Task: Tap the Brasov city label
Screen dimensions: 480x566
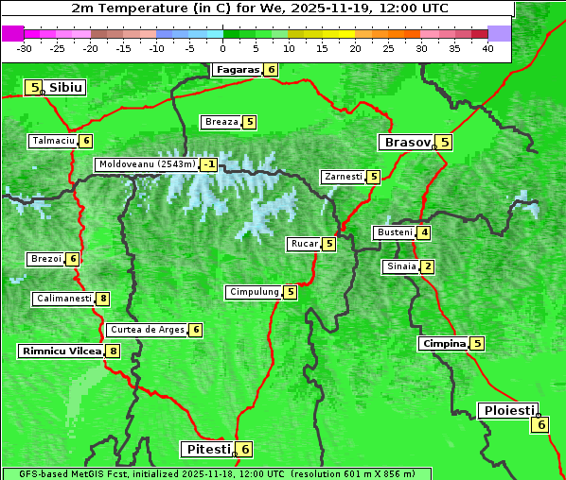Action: pos(406,143)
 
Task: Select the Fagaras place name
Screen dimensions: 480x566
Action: pos(237,70)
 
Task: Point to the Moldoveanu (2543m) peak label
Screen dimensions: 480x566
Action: pos(147,164)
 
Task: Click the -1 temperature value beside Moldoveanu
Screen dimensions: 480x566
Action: pos(208,164)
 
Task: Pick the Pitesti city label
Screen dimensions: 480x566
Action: pos(205,449)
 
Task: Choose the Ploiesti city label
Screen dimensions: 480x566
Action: pos(508,410)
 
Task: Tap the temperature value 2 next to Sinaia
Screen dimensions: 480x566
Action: pos(428,266)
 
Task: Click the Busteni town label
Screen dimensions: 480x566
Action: pos(394,232)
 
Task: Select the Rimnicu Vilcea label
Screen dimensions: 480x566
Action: pos(61,351)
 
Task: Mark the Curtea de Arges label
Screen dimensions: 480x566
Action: pos(147,330)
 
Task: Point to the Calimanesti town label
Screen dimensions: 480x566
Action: pos(63,299)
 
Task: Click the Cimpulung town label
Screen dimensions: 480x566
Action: pos(254,292)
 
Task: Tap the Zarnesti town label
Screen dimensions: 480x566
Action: pos(343,177)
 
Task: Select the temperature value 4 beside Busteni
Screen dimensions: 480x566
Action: pos(424,232)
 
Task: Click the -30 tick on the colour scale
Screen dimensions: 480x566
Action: pos(25,48)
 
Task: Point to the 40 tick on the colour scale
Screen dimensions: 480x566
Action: pos(487,48)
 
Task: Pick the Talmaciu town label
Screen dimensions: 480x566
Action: pos(53,141)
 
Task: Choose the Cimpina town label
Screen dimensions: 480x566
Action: pos(444,344)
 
